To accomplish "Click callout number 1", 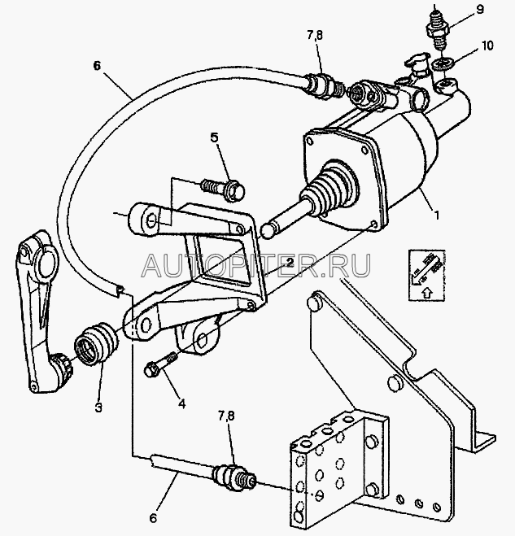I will tap(436, 217).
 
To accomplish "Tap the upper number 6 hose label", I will tap(97, 68).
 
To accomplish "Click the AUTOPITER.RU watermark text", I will tap(257, 265).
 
